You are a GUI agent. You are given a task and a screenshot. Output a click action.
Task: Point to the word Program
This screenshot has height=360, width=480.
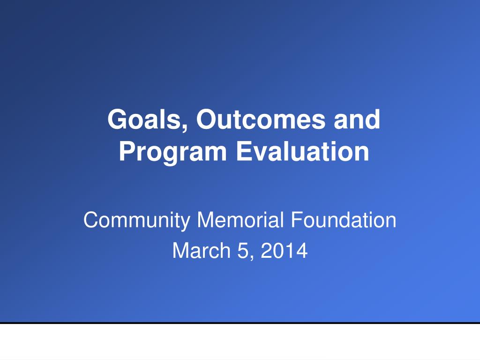click(172, 152)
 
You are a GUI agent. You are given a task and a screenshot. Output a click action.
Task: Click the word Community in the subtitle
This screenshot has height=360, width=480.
click(137, 220)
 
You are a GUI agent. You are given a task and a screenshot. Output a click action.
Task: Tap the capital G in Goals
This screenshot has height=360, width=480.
click(117, 120)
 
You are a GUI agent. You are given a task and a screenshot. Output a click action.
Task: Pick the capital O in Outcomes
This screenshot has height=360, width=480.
click(206, 120)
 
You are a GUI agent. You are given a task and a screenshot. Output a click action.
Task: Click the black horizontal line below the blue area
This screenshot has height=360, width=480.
click(240, 322)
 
